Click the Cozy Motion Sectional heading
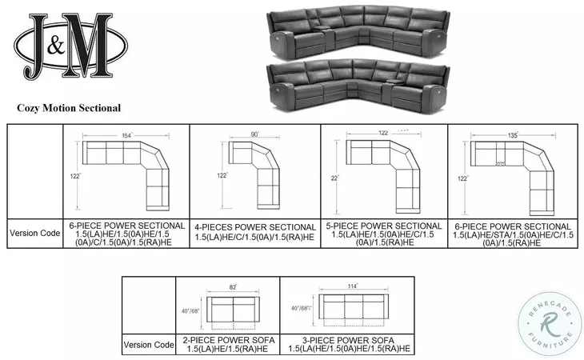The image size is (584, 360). point(69,106)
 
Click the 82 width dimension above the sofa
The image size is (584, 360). point(232,286)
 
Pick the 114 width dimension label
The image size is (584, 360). point(353,286)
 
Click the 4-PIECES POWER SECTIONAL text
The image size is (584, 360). point(254,227)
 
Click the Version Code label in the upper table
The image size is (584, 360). point(34,233)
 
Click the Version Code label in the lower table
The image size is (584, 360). point(148,345)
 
